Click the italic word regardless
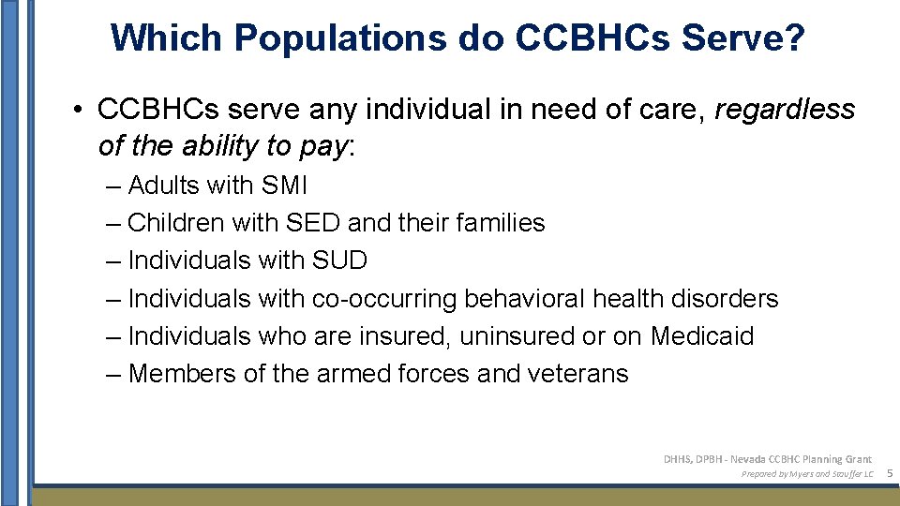(785, 110)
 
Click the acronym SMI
(284, 186)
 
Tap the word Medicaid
(702, 336)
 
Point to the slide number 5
(888, 474)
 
